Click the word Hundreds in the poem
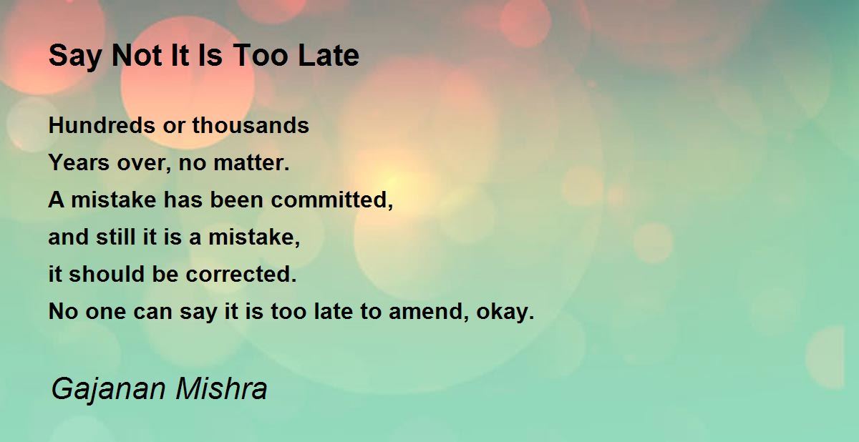pos(102,125)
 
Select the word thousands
pos(251,125)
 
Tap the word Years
pos(79,163)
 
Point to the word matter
pos(251,163)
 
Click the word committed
pos(331,200)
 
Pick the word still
pos(115,237)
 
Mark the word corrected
pos(241,274)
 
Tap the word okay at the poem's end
pos(505,311)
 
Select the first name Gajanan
pos(109,390)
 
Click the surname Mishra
pos(222,388)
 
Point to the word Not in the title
pos(137,56)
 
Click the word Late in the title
pos(329,56)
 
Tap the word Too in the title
pos(261,56)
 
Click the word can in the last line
pos(152,312)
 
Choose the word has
pos(183,200)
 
